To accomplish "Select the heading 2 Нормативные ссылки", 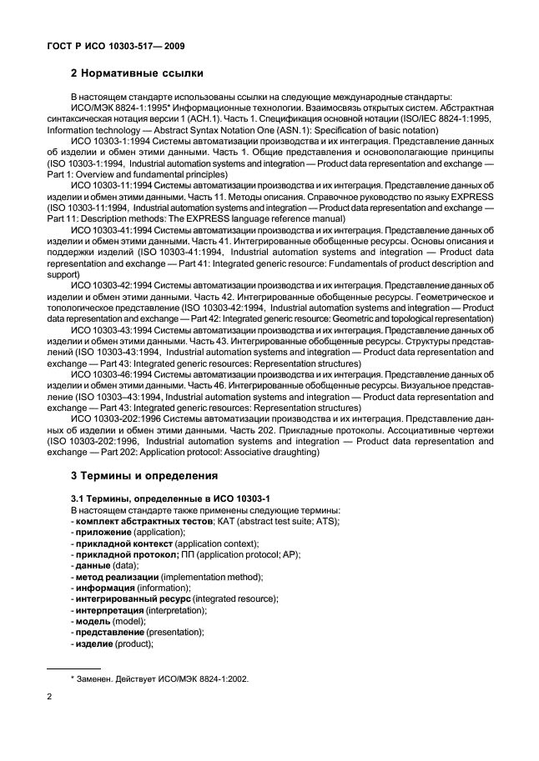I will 143,73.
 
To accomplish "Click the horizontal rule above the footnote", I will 73,668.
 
